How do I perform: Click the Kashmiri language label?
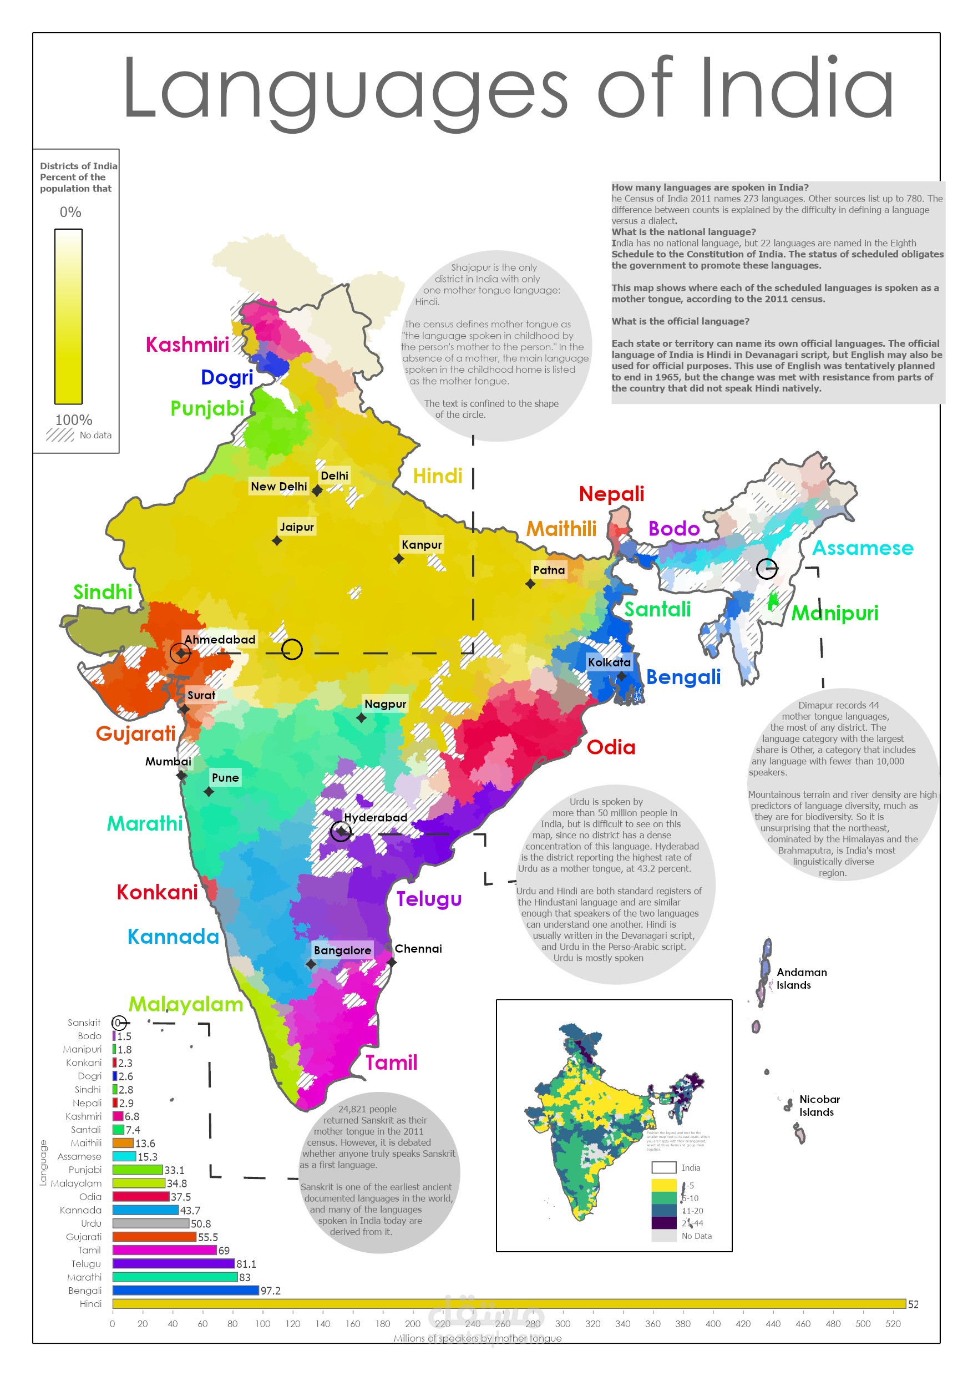click(187, 345)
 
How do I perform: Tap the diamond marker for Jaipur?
click(277, 540)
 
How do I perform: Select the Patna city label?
click(549, 570)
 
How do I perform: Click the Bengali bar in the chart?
click(185, 1291)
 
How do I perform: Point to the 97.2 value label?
click(270, 1291)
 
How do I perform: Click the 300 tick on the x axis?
click(562, 1324)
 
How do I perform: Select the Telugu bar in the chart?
click(173, 1263)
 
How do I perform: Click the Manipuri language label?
click(835, 613)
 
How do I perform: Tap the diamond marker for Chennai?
click(391, 962)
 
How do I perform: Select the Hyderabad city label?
click(375, 817)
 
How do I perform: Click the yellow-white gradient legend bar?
click(68, 316)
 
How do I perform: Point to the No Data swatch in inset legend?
click(663, 1236)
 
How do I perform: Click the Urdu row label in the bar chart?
click(91, 1223)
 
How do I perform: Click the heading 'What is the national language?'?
click(683, 232)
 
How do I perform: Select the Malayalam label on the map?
click(186, 1004)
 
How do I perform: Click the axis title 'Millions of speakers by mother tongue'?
click(477, 1338)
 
